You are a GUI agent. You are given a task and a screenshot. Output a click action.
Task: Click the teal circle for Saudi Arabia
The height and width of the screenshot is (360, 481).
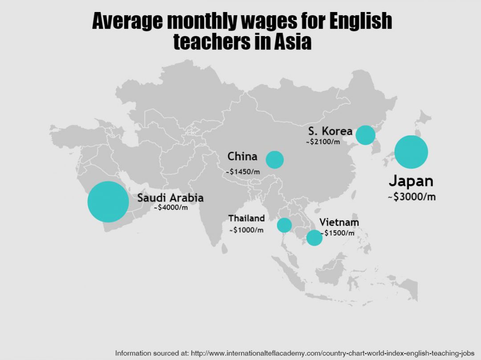(x=108, y=202)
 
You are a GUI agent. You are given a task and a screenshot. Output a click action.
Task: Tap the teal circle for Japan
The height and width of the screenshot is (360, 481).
(x=411, y=152)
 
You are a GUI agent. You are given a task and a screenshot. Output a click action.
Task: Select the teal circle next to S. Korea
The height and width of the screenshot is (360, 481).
(x=366, y=135)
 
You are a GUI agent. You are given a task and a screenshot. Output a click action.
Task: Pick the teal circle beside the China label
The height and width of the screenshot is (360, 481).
(x=275, y=159)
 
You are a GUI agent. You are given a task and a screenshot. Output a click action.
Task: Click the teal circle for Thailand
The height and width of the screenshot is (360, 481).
(x=284, y=225)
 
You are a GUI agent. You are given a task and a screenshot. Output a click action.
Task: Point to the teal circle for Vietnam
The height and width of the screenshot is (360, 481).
(x=314, y=238)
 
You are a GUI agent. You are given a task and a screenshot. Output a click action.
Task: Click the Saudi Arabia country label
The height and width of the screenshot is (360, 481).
(x=170, y=198)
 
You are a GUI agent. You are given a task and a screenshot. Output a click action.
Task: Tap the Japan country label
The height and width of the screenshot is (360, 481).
(x=411, y=181)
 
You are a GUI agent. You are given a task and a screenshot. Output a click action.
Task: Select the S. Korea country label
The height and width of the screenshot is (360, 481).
(x=330, y=131)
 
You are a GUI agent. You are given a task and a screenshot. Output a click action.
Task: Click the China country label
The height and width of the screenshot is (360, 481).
(x=242, y=156)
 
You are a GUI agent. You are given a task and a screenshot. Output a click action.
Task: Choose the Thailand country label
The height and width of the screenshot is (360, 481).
(x=246, y=218)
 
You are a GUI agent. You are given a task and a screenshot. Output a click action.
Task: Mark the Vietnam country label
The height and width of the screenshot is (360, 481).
(x=339, y=222)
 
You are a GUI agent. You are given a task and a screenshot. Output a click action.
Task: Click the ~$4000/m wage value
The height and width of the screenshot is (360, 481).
(x=171, y=207)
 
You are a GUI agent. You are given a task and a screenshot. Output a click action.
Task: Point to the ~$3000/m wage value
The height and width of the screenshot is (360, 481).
(x=411, y=197)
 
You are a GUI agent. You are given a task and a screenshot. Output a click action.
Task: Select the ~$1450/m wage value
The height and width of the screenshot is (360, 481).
(x=243, y=171)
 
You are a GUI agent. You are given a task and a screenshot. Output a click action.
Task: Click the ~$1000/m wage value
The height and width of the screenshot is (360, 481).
(x=246, y=230)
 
